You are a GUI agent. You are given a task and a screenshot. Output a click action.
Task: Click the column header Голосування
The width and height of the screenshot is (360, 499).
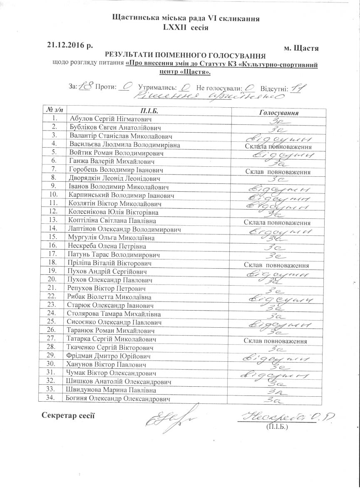(279, 112)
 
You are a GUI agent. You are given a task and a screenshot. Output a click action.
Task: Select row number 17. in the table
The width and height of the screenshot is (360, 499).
(52, 254)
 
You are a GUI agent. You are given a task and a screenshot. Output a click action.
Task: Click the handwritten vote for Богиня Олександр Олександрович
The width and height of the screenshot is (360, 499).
(278, 400)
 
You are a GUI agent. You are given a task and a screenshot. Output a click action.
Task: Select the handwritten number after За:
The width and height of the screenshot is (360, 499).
(85, 87)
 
